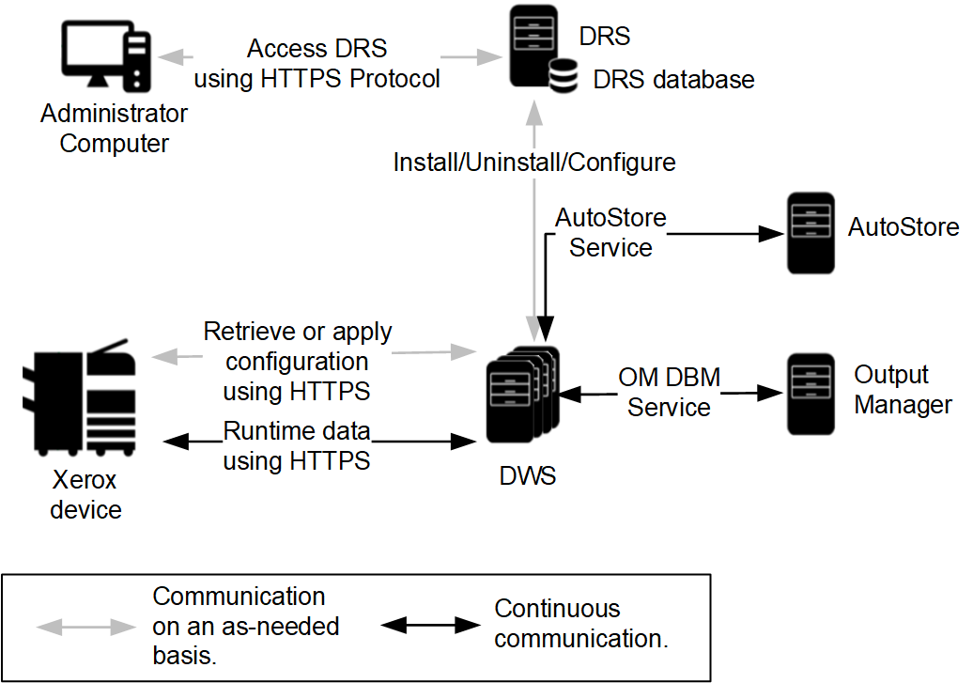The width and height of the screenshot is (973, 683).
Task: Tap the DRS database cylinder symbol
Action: point(563,76)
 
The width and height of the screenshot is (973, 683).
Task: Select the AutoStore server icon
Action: point(811,233)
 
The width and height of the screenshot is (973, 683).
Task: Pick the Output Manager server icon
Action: point(811,393)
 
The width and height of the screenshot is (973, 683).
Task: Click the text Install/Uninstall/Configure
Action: point(533,163)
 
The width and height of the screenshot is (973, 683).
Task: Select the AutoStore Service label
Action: point(610,233)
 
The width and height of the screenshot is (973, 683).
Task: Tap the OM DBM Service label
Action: point(669,393)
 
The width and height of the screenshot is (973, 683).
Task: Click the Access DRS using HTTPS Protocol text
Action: point(317,64)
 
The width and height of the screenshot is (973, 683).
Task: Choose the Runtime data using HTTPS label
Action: point(297,446)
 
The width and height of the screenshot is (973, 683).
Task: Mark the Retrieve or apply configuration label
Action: point(298,361)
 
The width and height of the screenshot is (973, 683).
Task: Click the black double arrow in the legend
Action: point(431,625)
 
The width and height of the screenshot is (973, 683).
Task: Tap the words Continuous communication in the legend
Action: point(579,624)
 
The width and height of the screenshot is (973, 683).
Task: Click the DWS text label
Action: point(527,476)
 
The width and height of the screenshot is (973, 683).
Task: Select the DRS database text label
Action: point(673,80)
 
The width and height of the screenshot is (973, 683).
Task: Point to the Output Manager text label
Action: point(903,390)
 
